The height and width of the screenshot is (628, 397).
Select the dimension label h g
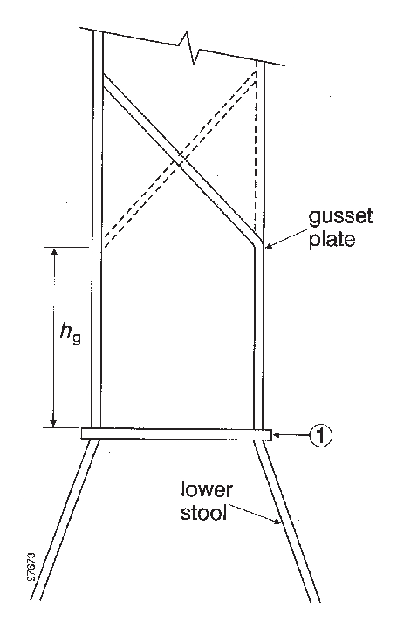click(x=71, y=333)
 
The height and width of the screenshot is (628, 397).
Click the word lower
click(x=207, y=490)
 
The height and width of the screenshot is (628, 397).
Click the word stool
click(x=204, y=513)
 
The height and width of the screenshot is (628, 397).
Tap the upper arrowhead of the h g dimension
click(x=54, y=251)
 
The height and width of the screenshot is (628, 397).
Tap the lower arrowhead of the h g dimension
click(x=53, y=422)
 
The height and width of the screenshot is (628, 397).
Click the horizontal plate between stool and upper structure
click(x=176, y=434)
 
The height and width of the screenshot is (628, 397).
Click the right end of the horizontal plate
click(x=271, y=434)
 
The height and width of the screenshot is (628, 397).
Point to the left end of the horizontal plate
click(x=81, y=433)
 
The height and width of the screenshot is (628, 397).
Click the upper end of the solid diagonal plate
click(x=104, y=79)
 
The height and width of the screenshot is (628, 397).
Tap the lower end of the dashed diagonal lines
click(x=105, y=242)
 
